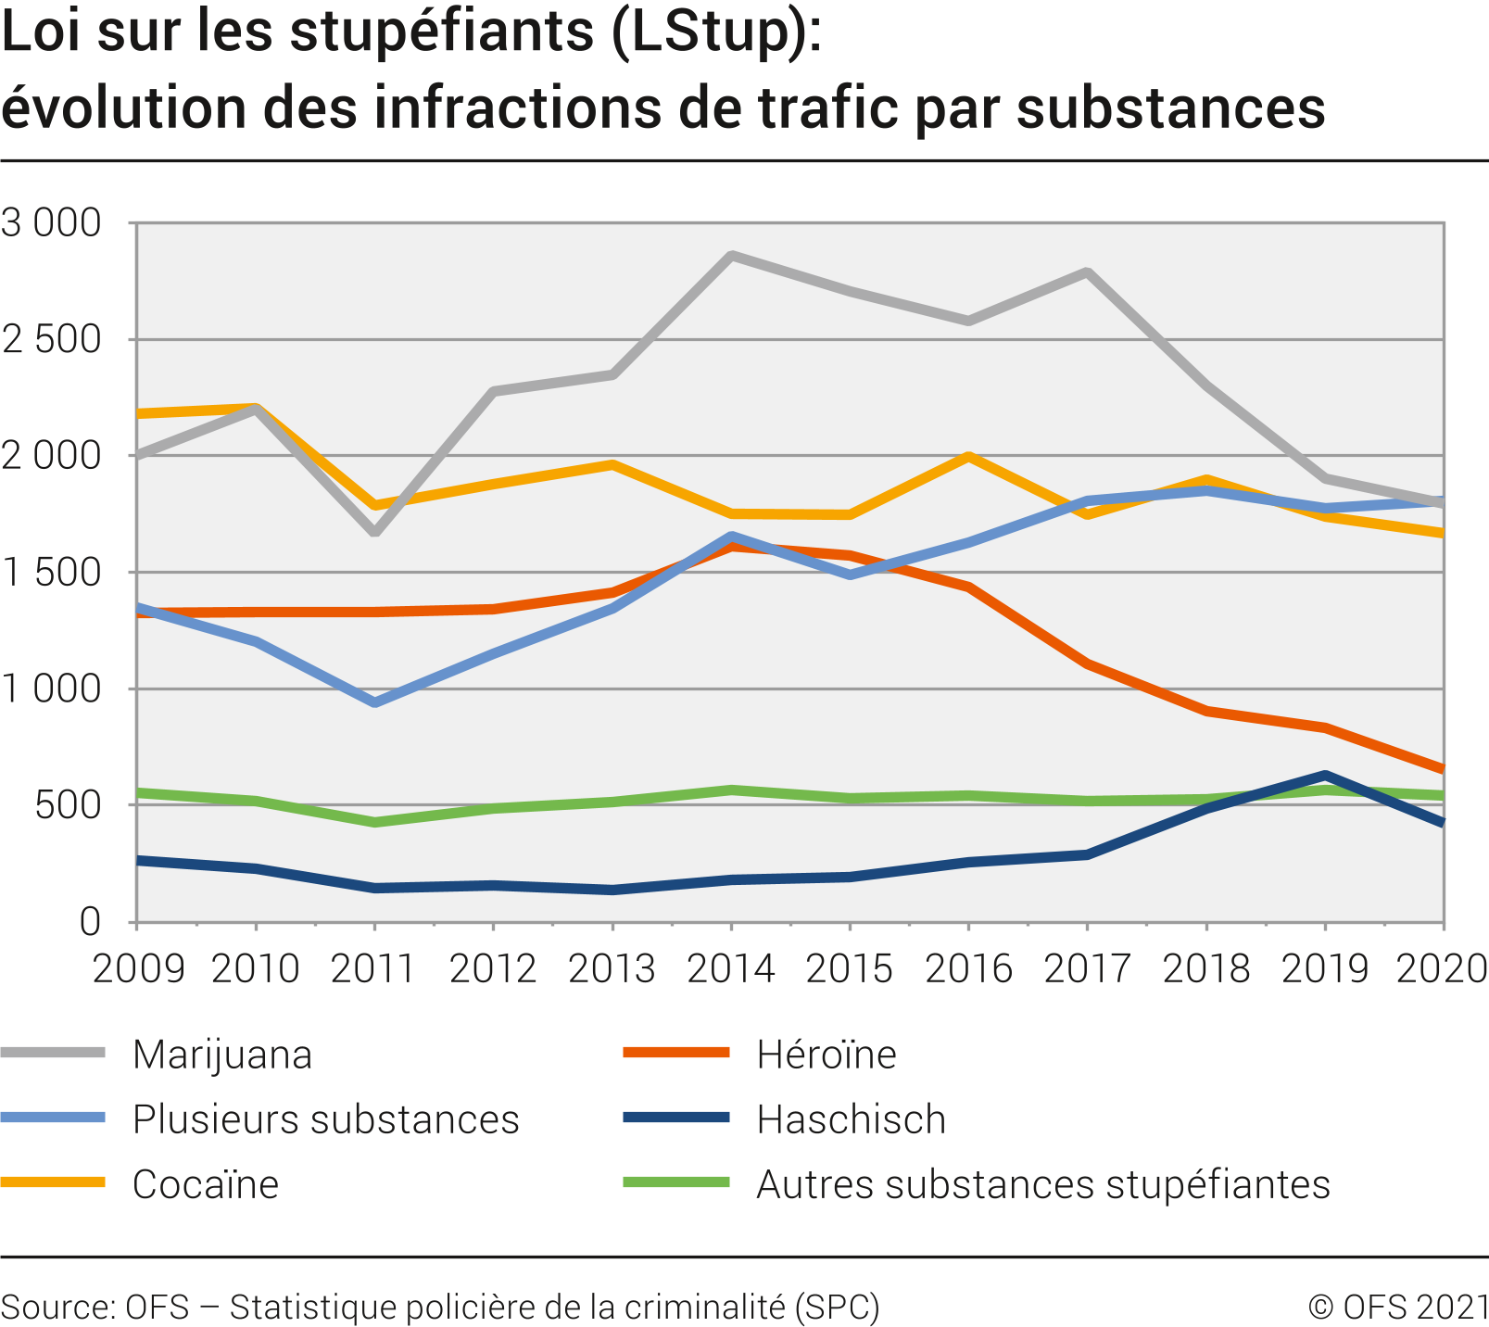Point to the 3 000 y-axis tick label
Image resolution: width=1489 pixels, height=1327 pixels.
click(x=52, y=223)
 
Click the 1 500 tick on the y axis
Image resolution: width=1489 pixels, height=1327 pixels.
click(x=52, y=573)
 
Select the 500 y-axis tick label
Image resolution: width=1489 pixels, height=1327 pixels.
click(x=68, y=805)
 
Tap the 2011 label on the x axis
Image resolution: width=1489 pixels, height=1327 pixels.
click(x=373, y=968)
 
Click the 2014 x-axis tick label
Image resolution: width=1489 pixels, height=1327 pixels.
click(x=731, y=968)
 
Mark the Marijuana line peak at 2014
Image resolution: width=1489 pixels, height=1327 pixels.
click(x=731, y=255)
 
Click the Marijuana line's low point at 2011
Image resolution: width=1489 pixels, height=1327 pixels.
click(x=374, y=533)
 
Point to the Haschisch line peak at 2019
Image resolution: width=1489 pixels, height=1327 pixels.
click(x=1325, y=775)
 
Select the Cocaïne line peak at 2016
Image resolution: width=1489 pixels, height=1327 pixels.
click(x=968, y=456)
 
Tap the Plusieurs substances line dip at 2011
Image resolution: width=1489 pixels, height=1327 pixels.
click(x=374, y=702)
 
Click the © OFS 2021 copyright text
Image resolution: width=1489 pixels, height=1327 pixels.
click(x=1397, y=1307)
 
